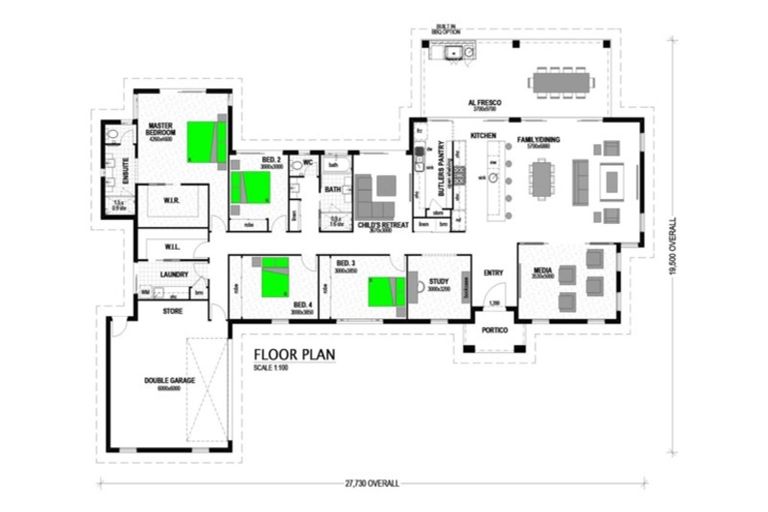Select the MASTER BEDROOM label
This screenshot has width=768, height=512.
(161, 129)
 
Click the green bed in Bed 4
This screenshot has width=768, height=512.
(274, 277)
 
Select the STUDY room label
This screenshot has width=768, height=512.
(440, 283)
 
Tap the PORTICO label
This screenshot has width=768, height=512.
(495, 330)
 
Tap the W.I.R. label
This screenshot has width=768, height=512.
(171, 201)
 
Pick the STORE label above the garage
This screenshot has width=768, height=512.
(172, 311)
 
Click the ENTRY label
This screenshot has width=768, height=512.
(493, 273)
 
